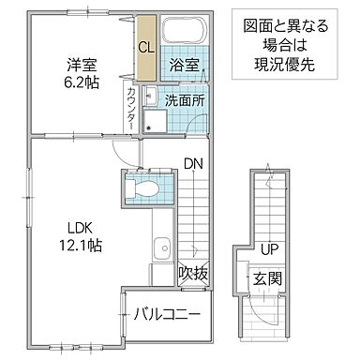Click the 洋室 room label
click(x=79, y=65)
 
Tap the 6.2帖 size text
click(x=79, y=83)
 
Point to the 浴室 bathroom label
click(x=182, y=67)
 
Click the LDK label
click(x=76, y=227)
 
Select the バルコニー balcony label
click(x=166, y=313)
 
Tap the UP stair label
click(x=268, y=250)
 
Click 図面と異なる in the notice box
click(x=286, y=25)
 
